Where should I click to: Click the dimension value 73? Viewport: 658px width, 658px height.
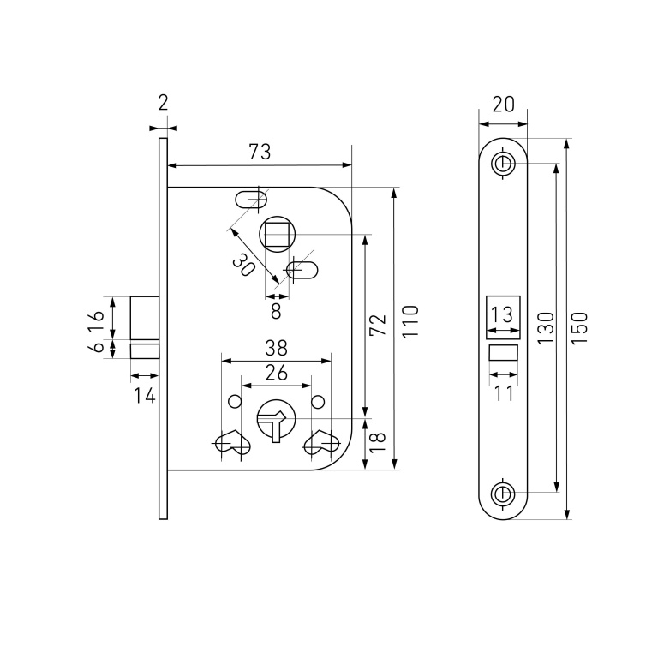[x=260, y=152]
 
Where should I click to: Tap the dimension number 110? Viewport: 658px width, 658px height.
[x=410, y=320]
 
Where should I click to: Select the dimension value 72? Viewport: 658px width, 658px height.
[x=378, y=325]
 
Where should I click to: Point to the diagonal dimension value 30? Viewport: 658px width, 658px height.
[x=244, y=266]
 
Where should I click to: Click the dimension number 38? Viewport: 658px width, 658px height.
[x=276, y=348]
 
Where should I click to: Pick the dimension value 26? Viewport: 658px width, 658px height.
[x=277, y=373]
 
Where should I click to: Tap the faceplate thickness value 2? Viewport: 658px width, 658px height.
[x=164, y=103]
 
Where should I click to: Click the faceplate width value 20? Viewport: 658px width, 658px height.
[x=503, y=105]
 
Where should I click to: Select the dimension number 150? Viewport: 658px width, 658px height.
[x=579, y=328]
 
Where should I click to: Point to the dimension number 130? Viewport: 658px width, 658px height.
[x=546, y=328]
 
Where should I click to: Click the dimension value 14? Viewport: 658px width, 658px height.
[x=145, y=395]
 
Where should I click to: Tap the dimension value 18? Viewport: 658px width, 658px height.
[x=378, y=442]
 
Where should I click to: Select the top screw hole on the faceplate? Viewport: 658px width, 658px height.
[x=503, y=164]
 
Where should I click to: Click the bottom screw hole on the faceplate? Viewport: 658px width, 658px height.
[x=503, y=494]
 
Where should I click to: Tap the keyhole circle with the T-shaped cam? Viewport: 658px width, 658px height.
[x=276, y=418]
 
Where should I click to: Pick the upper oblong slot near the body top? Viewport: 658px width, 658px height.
[x=252, y=200]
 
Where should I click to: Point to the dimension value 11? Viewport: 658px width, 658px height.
[x=503, y=393]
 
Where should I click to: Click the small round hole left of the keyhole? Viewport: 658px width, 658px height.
[x=235, y=402]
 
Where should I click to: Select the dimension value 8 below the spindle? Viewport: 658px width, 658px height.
[x=276, y=311]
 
